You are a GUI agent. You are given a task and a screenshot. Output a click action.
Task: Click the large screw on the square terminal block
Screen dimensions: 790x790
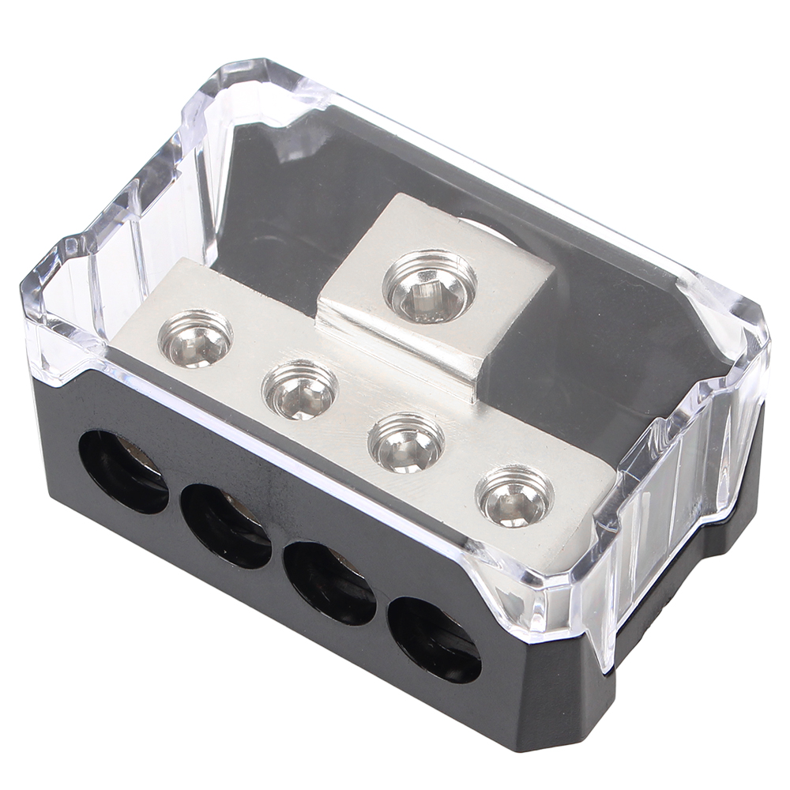pos(430,286)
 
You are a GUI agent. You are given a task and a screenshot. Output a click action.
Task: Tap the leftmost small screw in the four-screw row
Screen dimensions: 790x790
pos(195,339)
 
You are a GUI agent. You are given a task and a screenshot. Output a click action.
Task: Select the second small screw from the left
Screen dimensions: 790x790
pos(300,389)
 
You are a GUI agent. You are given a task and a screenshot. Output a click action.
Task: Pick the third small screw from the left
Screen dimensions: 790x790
pos(406,442)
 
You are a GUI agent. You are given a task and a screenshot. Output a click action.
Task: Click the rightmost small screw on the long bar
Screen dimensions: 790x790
pos(514,495)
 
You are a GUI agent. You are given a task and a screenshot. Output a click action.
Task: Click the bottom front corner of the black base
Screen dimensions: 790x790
pos(569,743)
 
